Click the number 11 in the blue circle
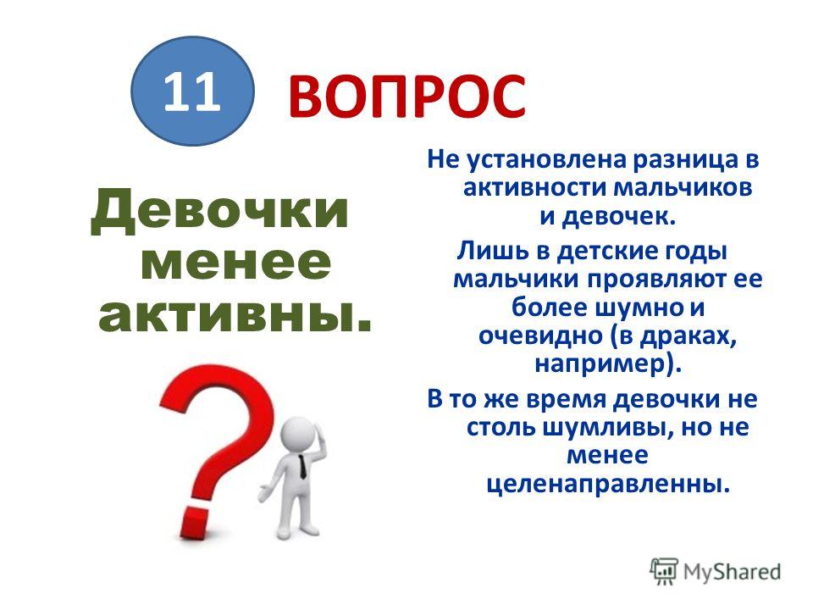192,91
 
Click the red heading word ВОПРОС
406,97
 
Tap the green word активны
235,315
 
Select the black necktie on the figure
302,466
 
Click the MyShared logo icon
664,572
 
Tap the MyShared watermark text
732,572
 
